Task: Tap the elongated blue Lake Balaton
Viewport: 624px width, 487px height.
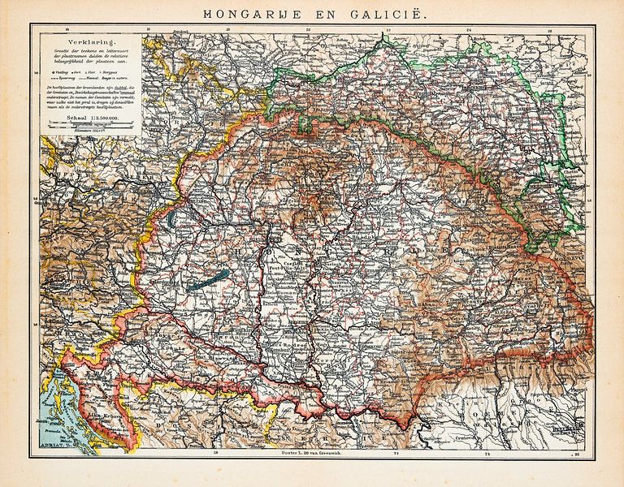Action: pyautogui.click(x=206, y=280)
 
